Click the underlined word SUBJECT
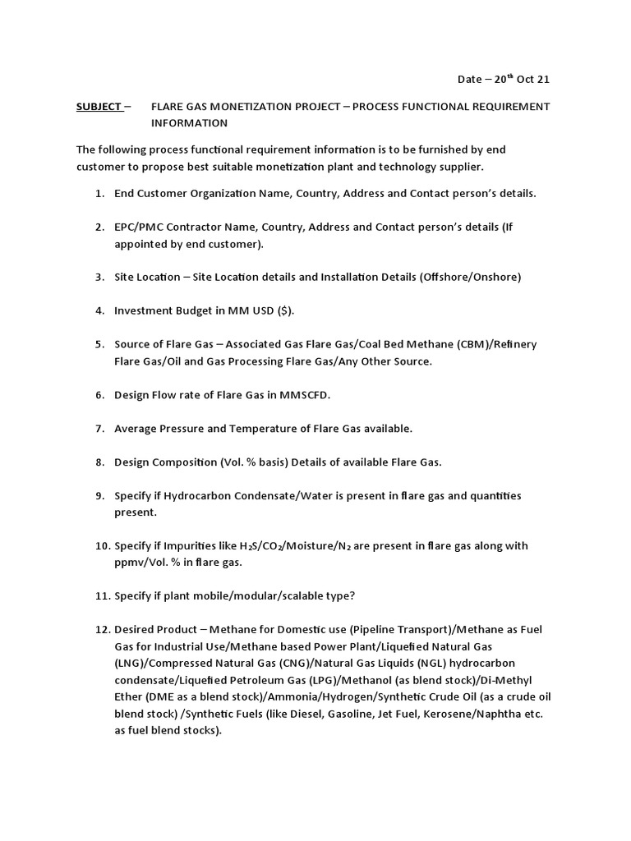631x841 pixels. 98,107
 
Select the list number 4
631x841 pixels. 99,310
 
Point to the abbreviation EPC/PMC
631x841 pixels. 140,227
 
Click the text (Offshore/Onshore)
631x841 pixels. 470,277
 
